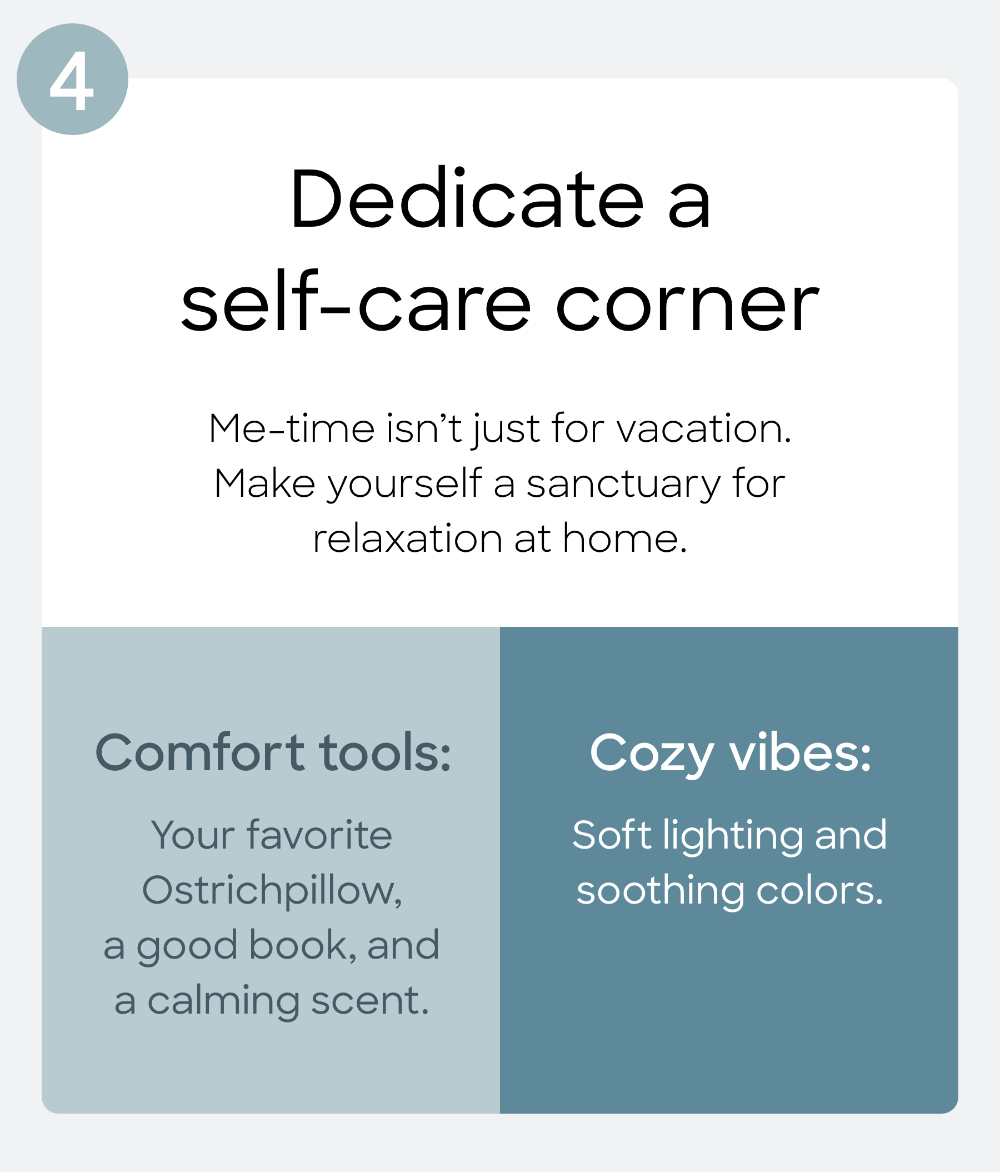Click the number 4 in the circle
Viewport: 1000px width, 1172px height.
[71, 81]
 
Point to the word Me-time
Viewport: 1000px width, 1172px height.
[292, 429]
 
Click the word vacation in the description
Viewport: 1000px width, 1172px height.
[704, 429]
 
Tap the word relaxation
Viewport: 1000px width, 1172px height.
[407, 538]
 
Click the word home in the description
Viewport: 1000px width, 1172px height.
[624, 538]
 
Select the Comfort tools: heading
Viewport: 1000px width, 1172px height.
[273, 753]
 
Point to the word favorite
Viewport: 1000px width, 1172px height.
[319, 835]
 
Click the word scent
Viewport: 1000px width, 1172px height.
[370, 1001]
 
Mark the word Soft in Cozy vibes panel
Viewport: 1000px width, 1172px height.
[612, 835]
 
